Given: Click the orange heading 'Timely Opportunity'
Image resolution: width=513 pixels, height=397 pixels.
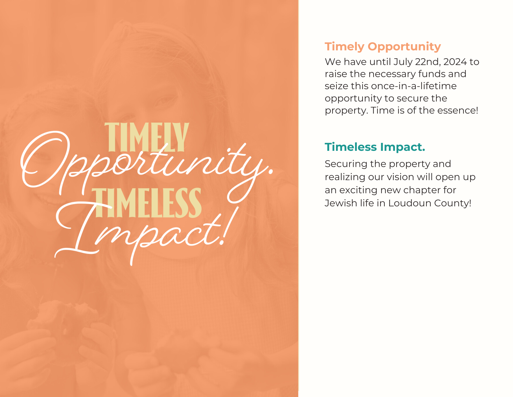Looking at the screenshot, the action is [383, 47].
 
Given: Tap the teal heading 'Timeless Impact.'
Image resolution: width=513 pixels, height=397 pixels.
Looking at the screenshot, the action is [375, 147].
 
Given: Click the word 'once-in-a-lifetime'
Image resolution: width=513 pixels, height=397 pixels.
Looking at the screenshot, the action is [413, 86].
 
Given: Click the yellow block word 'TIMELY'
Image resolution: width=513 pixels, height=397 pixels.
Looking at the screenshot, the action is [147, 137].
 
